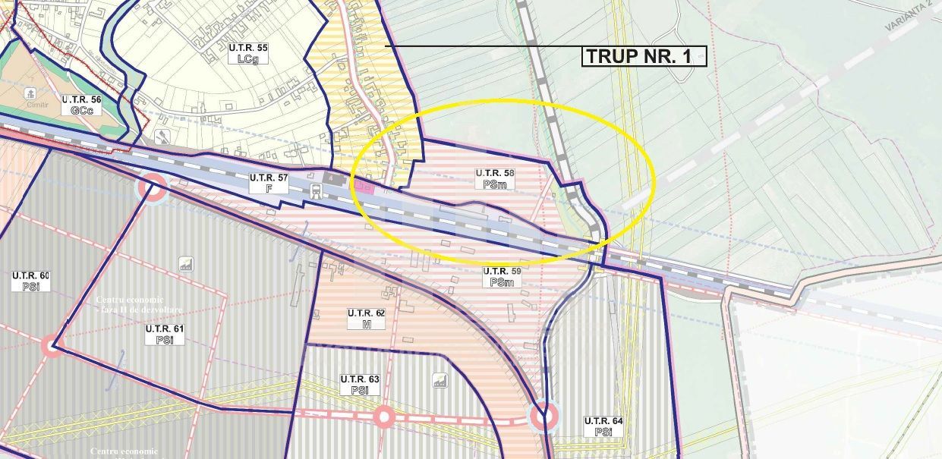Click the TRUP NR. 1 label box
(644, 56)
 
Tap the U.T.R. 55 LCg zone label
(248, 52)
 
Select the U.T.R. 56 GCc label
(81, 104)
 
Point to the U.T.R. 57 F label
(269, 182)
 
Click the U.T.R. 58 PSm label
(495, 178)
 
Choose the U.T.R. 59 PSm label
(502, 276)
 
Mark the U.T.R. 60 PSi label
(30, 280)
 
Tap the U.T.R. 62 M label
(367, 318)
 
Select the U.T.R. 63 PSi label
(360, 384)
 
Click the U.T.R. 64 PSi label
(603, 426)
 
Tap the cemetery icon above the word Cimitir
(30, 93)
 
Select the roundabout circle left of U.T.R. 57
(151, 188)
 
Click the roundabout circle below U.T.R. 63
(384, 417)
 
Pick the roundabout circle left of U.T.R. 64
(542, 416)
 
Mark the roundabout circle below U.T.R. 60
(52, 346)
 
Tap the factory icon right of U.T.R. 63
(439, 381)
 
